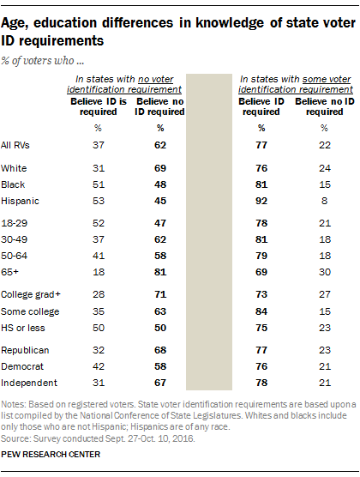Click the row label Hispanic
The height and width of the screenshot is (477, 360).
pos(20,201)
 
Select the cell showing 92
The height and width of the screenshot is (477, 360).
pos(261,201)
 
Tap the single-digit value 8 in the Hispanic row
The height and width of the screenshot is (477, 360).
pos(324,201)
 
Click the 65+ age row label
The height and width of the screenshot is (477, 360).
pos(9,272)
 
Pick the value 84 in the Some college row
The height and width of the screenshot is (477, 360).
pos(261,311)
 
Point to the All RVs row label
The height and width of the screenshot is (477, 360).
pos(15,145)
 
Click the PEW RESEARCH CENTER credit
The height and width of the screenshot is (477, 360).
pos(51,454)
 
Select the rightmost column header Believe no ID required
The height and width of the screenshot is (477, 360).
pos(325,106)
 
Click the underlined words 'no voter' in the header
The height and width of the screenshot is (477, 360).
pos(156,79)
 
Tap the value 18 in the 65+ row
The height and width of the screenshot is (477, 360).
pos(99,272)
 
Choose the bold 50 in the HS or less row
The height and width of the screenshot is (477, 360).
pos(160,328)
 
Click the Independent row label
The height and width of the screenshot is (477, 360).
pos(29,383)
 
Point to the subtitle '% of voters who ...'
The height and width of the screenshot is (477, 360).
pos(42,61)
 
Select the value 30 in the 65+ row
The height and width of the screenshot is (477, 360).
pos(325,272)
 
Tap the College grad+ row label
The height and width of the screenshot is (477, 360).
pos(31,294)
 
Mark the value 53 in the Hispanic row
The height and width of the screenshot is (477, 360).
pos(99,201)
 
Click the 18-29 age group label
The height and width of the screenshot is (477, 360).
pos(14,223)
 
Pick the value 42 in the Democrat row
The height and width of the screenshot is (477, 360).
pos(99,366)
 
